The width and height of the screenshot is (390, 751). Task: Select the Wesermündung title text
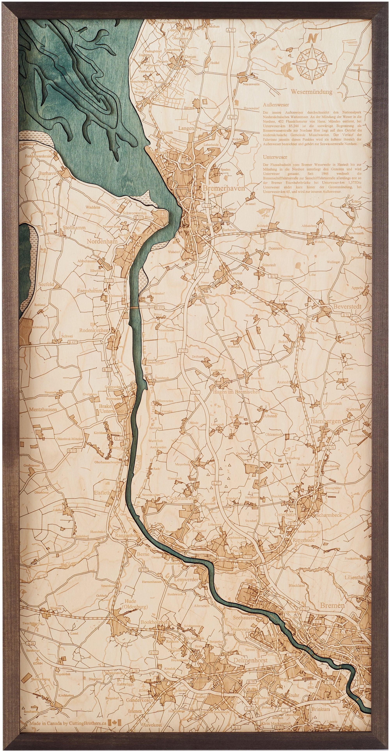[x=311, y=92]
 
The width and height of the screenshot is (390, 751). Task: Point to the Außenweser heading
[x=276, y=105]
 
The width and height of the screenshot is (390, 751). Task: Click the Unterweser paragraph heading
[x=275, y=157]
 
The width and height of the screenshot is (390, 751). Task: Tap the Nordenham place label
[x=102, y=241]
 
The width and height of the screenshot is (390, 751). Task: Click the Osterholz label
[x=285, y=515]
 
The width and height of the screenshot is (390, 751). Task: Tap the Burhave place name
[x=47, y=173]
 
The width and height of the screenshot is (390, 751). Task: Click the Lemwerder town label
[x=186, y=579]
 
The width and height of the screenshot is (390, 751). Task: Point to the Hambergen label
[x=325, y=421]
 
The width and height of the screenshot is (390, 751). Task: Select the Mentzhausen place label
[x=43, y=410]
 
